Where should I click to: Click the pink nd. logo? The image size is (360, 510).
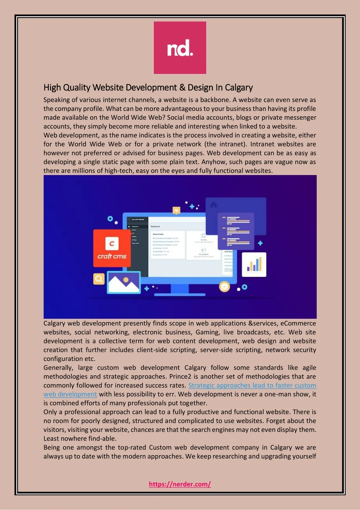[180, 48]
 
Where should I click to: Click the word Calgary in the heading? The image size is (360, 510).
[239, 87]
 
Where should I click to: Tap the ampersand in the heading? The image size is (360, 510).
[182, 87]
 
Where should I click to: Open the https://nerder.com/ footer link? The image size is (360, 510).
[180, 484]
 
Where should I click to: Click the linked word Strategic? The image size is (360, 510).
[201, 385]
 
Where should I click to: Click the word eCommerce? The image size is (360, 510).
[298, 323]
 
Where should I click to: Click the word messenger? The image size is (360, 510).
[300, 118]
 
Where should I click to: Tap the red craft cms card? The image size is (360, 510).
[112, 248]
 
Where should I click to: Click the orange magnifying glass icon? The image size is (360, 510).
[99, 279]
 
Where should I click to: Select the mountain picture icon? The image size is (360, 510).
[124, 282]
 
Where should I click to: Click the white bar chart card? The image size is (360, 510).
[254, 265]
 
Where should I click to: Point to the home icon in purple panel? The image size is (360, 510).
[214, 205]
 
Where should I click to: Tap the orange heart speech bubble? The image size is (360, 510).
[176, 211]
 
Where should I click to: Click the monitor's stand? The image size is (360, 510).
[180, 290]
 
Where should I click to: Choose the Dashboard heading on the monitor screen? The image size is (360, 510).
[155, 226]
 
